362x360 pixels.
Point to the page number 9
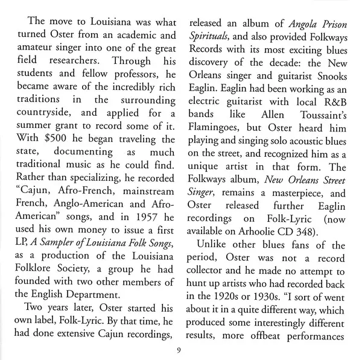coord(180,351)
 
